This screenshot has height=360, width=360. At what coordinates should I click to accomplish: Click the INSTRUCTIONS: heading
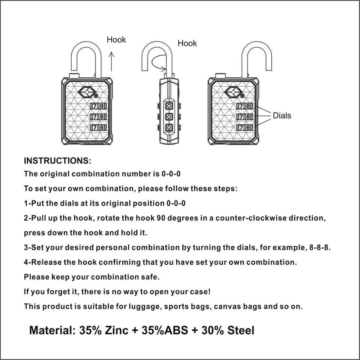point(57,161)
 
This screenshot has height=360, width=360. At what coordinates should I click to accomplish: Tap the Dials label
point(282,115)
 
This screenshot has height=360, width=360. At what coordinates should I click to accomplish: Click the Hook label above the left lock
point(116,40)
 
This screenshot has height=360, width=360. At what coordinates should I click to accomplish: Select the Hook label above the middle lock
point(187,43)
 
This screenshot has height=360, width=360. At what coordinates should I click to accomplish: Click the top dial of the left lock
point(99,106)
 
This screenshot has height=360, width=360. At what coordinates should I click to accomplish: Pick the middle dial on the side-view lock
point(169,117)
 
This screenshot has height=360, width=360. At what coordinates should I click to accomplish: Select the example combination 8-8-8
point(320,248)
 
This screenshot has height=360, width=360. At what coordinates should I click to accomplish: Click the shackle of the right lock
point(257,56)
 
